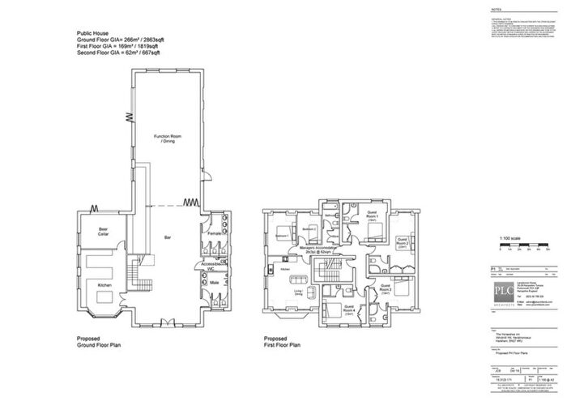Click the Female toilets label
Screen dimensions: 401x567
coord(214,234)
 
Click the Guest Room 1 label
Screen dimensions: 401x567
coord(373,216)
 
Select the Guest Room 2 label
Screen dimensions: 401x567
coord(403,242)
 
